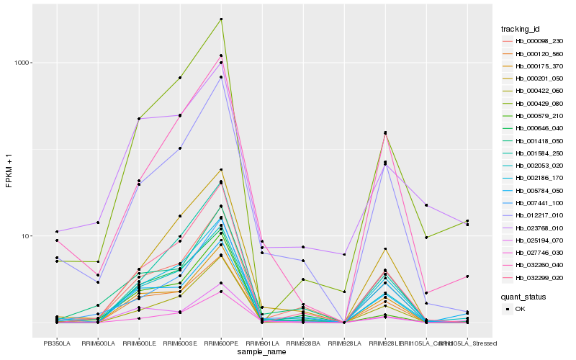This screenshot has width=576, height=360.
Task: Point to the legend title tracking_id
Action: [521, 29]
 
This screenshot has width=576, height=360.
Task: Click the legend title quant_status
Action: [523, 296]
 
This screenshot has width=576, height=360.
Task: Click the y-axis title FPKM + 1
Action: [9, 171]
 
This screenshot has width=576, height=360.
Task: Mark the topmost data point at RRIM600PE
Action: [221, 19]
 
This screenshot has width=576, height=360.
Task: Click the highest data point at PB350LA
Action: [57, 232]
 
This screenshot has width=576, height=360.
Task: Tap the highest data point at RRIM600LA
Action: [98, 222]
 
